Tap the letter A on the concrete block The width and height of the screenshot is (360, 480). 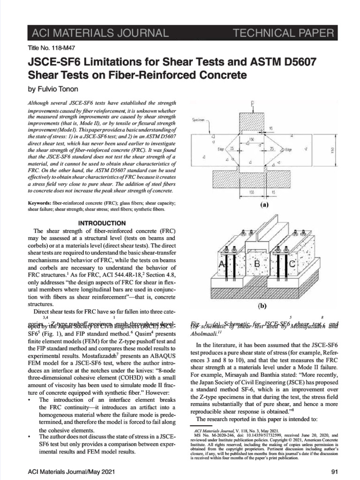click(x=222, y=265)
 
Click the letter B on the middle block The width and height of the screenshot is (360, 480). click(x=257, y=265)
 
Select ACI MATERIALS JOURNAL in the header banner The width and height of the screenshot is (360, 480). click(x=92, y=33)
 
